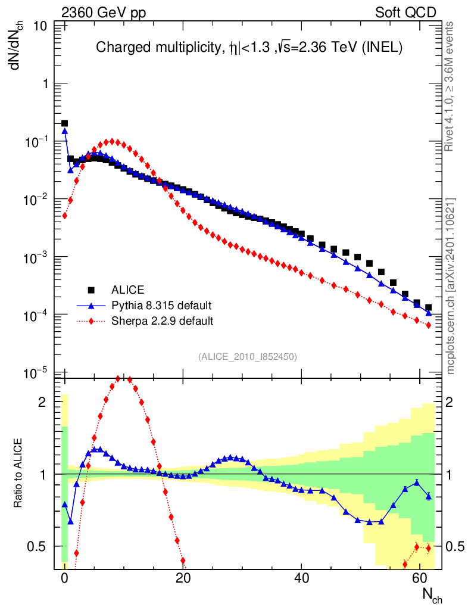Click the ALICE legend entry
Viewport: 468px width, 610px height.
point(127,290)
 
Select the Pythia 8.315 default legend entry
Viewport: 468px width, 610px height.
point(161,306)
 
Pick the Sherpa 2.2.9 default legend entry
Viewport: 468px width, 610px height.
point(163,321)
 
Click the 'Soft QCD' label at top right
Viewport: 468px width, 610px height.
point(406,13)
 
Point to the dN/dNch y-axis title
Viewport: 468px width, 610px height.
point(18,46)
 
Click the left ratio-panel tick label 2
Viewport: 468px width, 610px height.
point(42,402)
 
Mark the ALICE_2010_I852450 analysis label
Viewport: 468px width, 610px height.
point(248,356)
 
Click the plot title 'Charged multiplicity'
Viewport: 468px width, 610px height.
point(249,48)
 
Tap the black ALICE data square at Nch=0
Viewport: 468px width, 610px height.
point(64,123)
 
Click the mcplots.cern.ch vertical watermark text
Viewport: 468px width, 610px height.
point(451,286)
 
